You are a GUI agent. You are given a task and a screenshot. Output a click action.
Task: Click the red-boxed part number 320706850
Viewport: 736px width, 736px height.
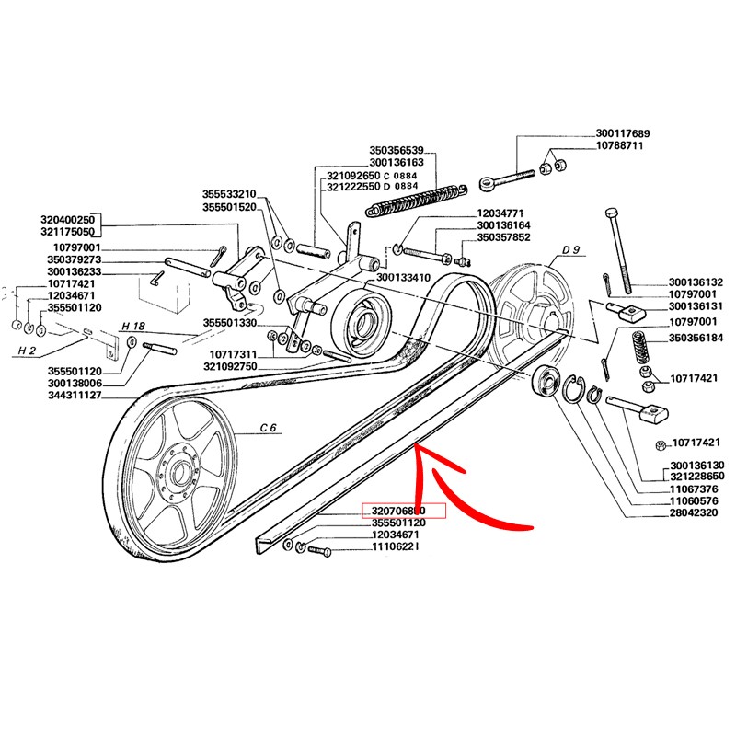[x=406, y=511]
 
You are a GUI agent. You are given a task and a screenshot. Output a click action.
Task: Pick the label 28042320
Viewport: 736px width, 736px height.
[x=696, y=514]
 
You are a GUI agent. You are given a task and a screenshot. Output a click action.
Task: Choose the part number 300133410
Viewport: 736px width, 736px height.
[x=404, y=277]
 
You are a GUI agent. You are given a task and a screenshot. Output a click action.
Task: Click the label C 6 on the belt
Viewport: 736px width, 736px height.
[x=270, y=427]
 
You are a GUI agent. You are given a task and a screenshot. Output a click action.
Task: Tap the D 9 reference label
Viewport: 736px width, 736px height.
[x=570, y=250]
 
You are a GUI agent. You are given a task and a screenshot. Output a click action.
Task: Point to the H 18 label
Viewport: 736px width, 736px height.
[x=133, y=326]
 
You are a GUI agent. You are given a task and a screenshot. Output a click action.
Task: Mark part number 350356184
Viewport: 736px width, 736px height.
[x=696, y=339]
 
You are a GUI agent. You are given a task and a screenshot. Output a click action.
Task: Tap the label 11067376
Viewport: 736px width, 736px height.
[x=696, y=490]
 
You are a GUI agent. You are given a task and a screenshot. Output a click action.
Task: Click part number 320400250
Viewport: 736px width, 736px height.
[x=68, y=221]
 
